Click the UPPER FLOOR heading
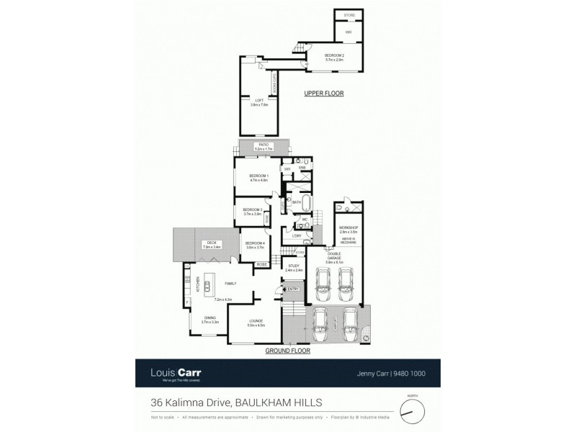323,94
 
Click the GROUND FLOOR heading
287,351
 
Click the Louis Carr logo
176,373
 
